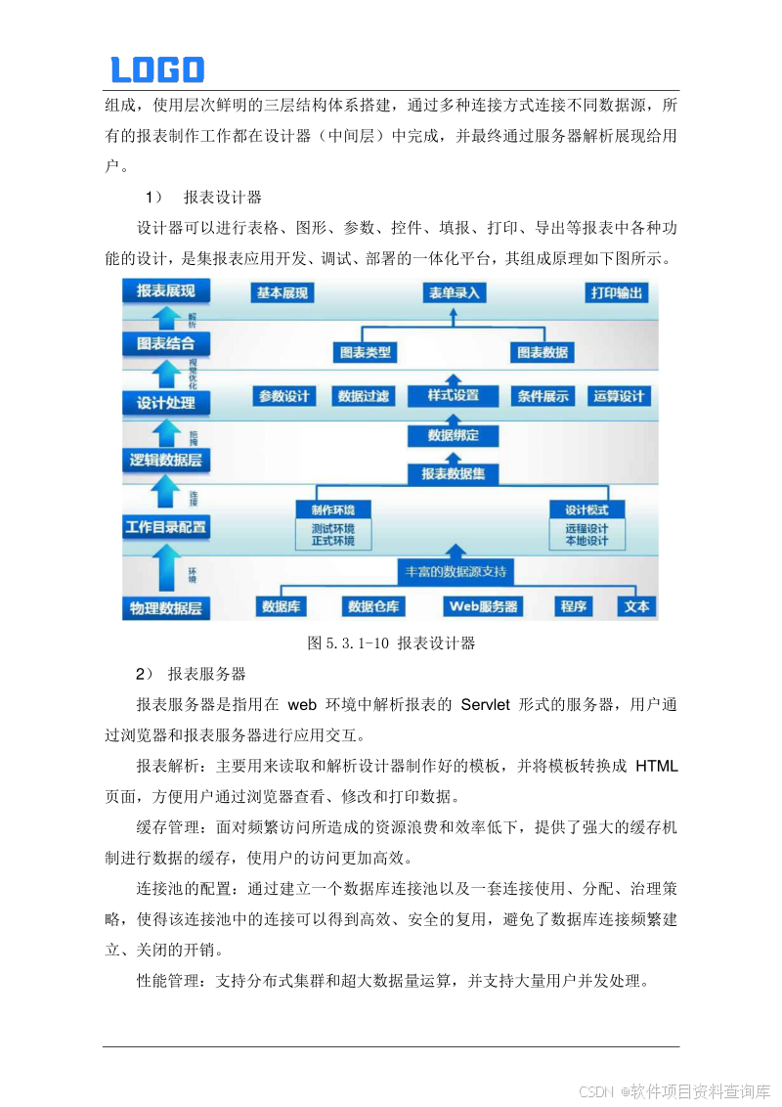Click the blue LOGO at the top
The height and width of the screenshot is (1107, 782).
157,69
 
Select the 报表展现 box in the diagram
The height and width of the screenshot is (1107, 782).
165,291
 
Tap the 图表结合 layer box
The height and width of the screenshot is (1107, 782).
165,343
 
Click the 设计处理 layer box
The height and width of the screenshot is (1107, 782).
165,402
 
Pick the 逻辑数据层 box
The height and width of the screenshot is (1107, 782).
165,459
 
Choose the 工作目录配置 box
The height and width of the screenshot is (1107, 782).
166,527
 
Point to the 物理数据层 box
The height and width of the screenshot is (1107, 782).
166,607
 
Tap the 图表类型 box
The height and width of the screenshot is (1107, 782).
364,351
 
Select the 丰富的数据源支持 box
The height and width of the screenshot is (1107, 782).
455,570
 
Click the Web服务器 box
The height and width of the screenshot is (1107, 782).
483,606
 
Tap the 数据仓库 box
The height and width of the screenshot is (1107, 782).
373,606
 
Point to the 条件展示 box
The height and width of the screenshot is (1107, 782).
543,396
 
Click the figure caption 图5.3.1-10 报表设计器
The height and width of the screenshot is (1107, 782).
391,643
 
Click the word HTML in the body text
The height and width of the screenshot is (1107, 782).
656,765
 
